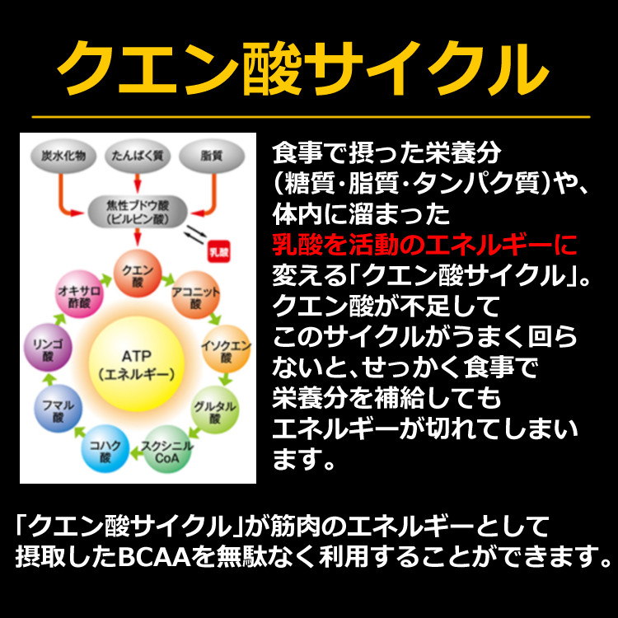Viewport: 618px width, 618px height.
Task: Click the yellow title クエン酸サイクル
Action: [309, 64]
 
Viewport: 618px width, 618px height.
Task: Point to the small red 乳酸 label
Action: [218, 246]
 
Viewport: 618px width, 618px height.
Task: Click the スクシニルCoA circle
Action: [167, 447]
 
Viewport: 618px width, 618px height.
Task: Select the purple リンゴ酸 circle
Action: [43, 349]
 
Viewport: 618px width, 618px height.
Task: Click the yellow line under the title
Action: [309, 118]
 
